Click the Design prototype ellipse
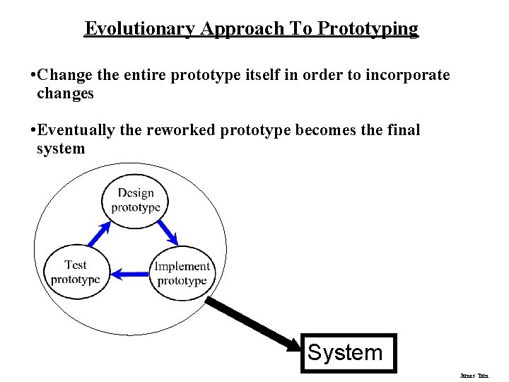[x=136, y=200]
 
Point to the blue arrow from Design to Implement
[x=168, y=231]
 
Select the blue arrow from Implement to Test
[x=130, y=272]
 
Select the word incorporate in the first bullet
[x=407, y=74]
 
